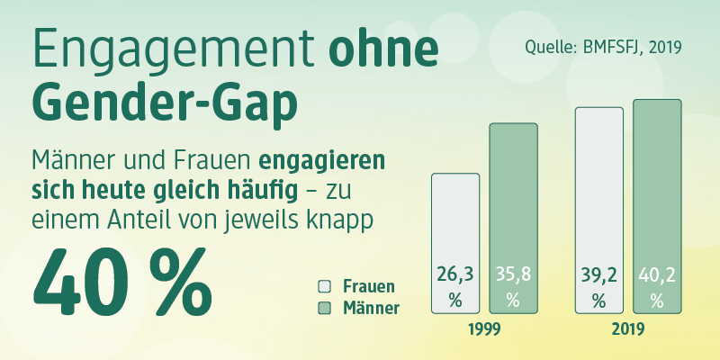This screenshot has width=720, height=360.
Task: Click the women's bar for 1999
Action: point(455,243)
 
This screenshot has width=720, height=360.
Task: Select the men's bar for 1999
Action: point(513,218)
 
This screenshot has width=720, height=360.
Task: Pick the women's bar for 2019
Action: point(599,211)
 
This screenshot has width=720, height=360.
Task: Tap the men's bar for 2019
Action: point(657,207)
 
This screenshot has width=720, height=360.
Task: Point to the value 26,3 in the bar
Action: point(455,275)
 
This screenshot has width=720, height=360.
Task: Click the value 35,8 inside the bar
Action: point(513,275)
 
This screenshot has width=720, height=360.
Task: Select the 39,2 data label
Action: point(599,275)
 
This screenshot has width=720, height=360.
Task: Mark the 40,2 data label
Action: point(657,275)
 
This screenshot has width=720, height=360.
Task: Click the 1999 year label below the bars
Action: point(484,329)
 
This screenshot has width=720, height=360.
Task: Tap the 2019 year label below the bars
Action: point(628,329)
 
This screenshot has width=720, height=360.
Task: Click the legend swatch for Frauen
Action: point(324,286)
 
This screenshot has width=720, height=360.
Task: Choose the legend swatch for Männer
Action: point(324,308)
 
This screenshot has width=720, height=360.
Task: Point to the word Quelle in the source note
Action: point(546,48)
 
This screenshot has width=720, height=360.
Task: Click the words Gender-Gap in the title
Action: point(165,103)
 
